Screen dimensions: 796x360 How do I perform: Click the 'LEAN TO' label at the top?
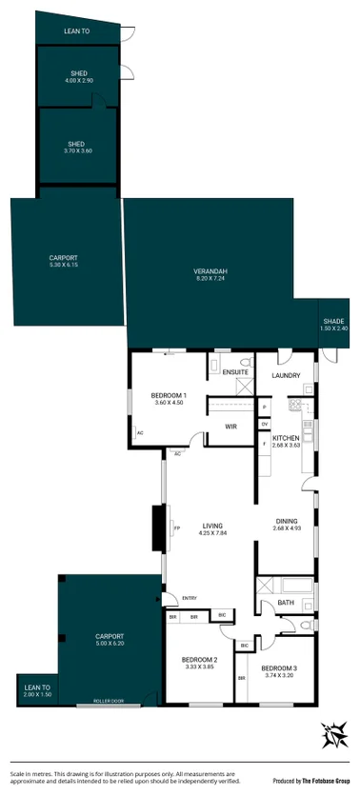click(x=77, y=31)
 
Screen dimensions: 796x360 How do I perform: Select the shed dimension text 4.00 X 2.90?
click(x=78, y=81)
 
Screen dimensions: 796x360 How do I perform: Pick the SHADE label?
click(x=332, y=322)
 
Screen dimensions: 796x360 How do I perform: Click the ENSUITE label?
click(x=235, y=371)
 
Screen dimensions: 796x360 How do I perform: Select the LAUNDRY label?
click(x=286, y=376)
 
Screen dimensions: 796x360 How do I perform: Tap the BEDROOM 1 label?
click(x=169, y=395)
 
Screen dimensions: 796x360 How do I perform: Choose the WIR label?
click(x=230, y=426)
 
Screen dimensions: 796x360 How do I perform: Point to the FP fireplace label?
click(x=176, y=528)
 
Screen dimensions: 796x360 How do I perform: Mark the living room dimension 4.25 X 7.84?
click(x=210, y=532)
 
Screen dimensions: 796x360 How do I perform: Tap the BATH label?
click(x=286, y=602)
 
